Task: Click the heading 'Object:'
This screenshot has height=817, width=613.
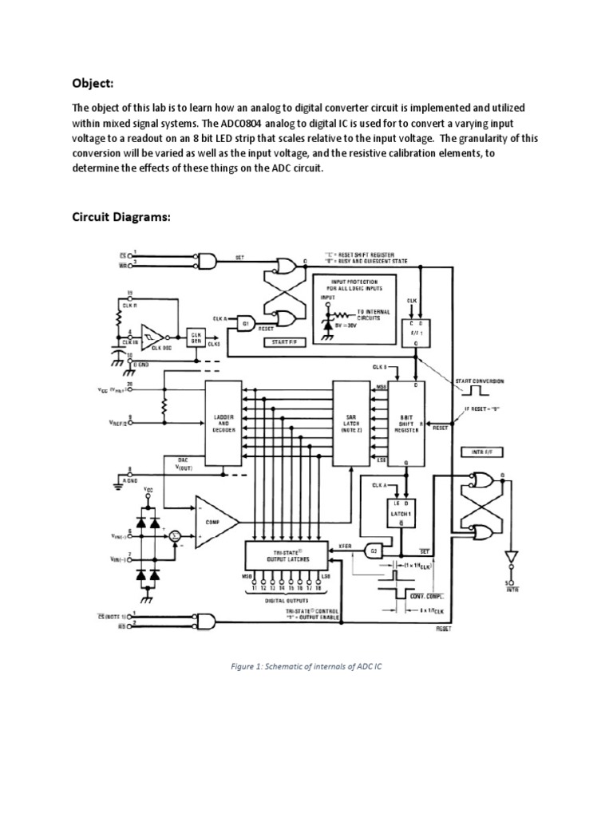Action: (x=93, y=83)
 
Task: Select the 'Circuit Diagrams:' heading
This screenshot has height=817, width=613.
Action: (x=121, y=217)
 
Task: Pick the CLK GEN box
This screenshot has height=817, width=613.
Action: (x=196, y=337)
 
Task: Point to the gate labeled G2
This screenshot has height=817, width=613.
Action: (x=372, y=551)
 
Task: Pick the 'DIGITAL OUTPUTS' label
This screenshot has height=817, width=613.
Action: (x=287, y=602)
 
